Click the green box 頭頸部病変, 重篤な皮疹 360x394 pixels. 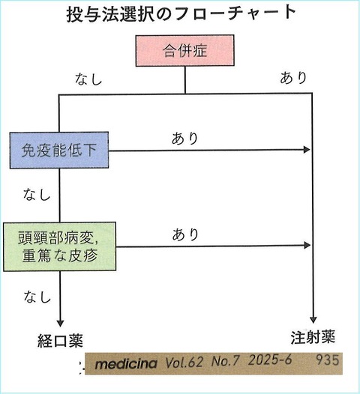tap(59, 246)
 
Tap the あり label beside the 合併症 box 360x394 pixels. tap(292, 77)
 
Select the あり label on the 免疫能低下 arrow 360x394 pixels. tap(185, 138)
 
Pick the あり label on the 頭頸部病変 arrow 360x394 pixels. tap(185, 234)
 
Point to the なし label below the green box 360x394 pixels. tap(36, 295)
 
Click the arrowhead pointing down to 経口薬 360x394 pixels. tap(58, 318)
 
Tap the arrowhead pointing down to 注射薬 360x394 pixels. tap(311, 318)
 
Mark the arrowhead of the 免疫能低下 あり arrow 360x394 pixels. tap(306, 150)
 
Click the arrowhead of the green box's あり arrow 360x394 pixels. tap(306, 246)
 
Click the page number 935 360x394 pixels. tap(328, 362)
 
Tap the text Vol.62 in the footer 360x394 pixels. tap(184, 364)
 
